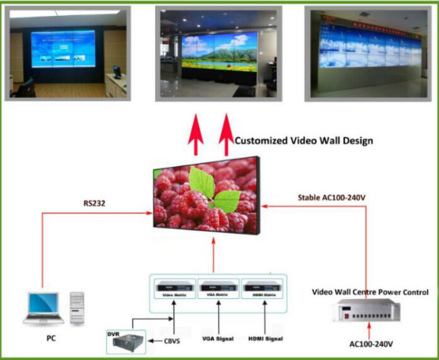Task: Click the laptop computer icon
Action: coord(42,308)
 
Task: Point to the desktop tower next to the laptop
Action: coord(77,308)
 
